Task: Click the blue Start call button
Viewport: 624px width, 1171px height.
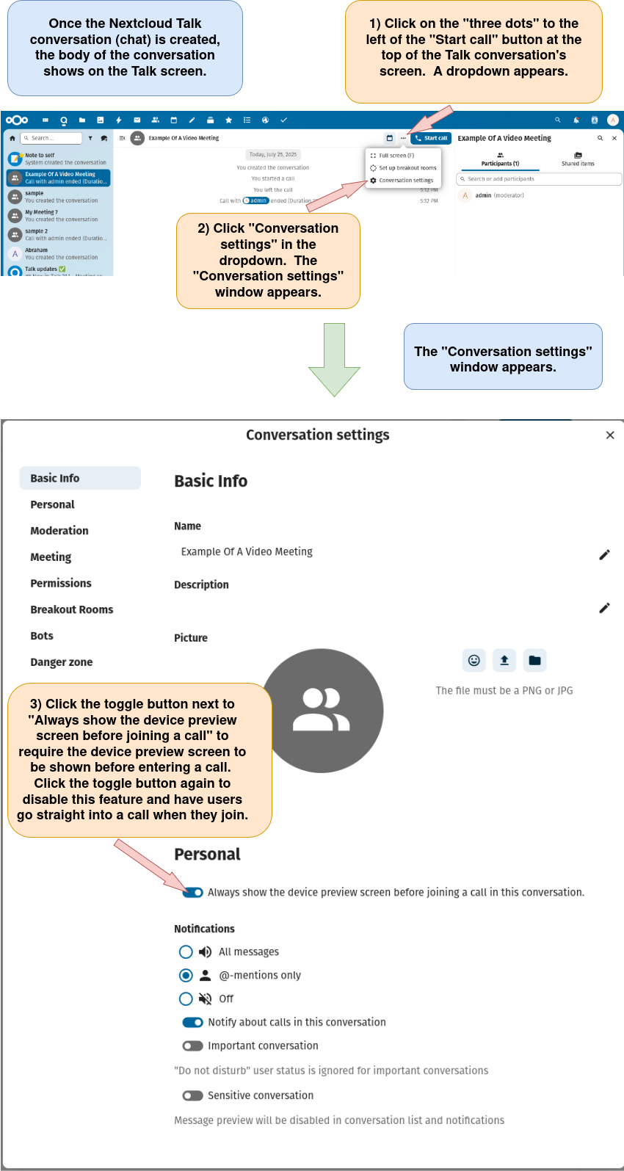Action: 431,138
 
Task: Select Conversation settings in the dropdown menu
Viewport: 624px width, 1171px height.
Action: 405,181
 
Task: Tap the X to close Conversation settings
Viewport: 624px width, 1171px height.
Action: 609,435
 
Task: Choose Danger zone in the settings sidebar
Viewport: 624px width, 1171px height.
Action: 62,662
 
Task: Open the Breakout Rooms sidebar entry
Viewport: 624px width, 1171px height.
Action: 72,609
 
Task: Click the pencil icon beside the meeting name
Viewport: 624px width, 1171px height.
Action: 604,555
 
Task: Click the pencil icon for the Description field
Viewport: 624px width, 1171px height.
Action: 604,608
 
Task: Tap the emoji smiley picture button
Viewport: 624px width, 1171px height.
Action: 474,661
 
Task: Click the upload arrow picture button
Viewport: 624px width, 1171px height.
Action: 504,661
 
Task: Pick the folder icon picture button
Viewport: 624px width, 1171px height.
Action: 534,661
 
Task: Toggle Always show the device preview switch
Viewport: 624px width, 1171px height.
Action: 193,893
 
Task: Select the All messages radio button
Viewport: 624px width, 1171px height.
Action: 186,952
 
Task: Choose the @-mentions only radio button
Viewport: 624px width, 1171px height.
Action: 186,976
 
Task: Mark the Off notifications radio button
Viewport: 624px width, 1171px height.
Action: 186,999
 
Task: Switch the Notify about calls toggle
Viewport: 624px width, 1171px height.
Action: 193,1023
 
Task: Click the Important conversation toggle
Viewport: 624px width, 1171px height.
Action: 193,1046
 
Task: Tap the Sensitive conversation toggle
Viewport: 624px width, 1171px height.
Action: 193,1096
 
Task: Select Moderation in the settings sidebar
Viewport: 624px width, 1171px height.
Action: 59,531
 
